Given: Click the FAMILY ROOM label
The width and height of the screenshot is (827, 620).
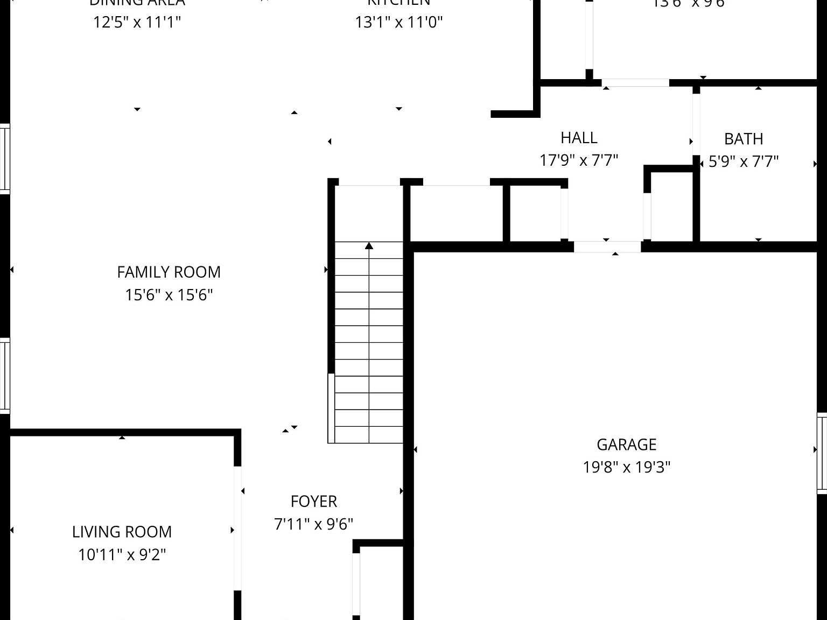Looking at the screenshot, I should [169, 272].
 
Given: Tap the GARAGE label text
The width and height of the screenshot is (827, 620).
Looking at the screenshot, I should [626, 445].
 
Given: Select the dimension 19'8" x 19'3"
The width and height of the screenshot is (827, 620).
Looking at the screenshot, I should [626, 467].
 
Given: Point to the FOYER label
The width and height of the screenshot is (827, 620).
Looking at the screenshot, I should [313, 502].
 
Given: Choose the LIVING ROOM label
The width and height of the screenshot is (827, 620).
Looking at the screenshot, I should [122, 532].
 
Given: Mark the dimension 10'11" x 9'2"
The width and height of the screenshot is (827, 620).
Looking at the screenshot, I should [122, 554].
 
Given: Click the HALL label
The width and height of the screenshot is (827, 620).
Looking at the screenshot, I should [579, 138].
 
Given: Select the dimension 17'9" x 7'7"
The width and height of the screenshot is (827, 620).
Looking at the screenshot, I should [579, 160].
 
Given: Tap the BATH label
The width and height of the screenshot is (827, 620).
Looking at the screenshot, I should [743, 139].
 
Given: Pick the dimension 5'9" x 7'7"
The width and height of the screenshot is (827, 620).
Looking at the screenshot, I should [743, 161].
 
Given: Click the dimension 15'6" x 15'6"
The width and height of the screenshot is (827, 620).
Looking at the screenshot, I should [169, 295].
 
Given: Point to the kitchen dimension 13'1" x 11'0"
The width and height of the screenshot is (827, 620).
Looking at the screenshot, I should [398, 22].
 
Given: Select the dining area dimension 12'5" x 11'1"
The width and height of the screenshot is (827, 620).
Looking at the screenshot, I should [137, 22].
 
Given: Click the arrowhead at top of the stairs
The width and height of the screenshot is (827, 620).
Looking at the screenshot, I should [369, 246].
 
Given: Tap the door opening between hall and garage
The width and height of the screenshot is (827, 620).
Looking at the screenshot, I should [607, 247].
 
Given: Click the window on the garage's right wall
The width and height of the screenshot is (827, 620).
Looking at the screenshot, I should [822, 453].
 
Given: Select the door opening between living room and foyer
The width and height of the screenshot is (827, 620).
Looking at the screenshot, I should [237, 528].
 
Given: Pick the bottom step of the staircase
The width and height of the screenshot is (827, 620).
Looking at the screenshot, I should [369, 435].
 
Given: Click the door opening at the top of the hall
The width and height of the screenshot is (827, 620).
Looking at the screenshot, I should [635, 83].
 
